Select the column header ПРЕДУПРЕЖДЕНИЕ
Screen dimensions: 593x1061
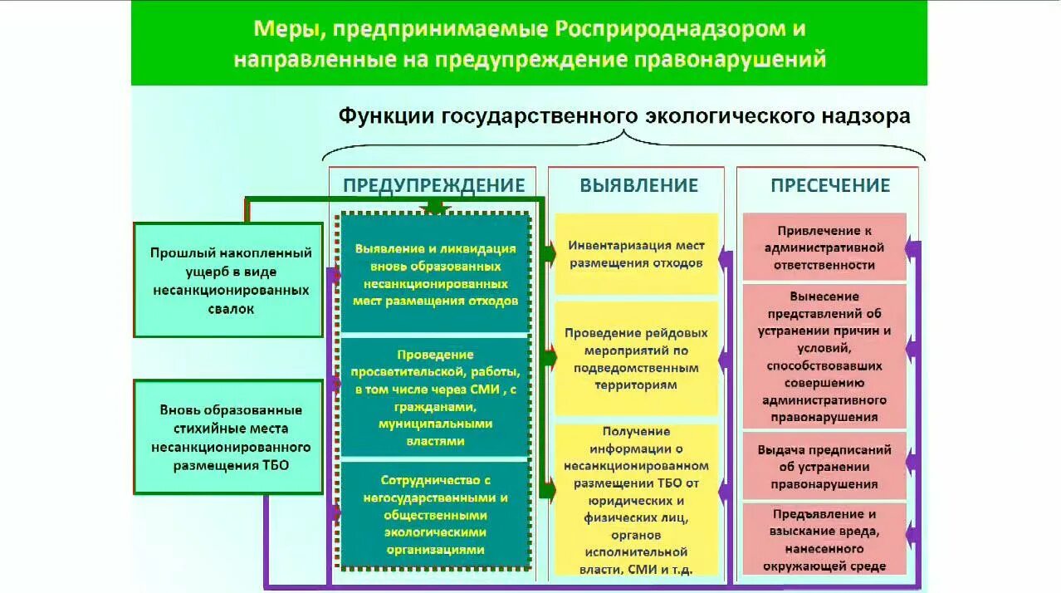click(434, 185)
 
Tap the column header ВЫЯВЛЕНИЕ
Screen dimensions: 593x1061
click(638, 185)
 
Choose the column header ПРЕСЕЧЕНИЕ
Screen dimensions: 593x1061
click(829, 185)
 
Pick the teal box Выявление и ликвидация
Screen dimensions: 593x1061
click(435, 274)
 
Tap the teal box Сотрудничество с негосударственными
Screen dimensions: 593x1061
click(435, 515)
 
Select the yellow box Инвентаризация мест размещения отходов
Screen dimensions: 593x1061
click(636, 254)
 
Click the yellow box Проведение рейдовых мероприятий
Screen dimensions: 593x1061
click(636, 359)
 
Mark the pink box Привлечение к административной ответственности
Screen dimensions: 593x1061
click(824, 247)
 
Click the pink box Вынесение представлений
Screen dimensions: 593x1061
click(824, 356)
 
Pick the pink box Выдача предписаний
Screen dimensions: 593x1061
click(824, 467)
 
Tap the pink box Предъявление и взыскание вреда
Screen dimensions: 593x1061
click(824, 540)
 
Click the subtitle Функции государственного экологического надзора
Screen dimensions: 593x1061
click(623, 116)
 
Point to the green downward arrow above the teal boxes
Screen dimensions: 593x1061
click(435, 208)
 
